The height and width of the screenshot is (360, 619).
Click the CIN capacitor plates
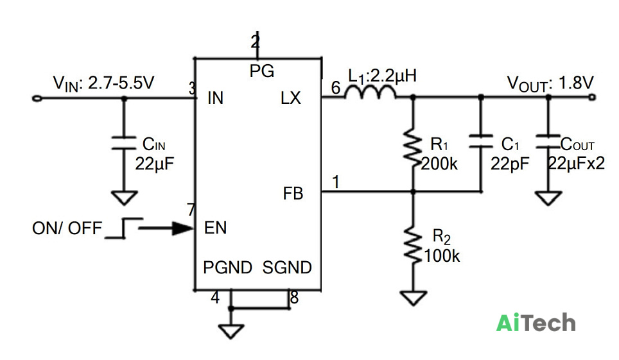click(123, 143)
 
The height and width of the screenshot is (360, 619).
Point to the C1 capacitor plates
click(481, 141)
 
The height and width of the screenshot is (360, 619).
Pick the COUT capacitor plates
click(548, 141)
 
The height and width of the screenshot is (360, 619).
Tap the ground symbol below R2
click(414, 298)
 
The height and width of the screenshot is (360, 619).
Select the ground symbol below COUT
click(548, 198)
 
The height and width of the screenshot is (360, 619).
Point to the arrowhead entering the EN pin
click(183, 228)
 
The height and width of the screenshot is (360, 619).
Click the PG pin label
click(262, 71)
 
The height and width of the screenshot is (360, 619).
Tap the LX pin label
click(290, 98)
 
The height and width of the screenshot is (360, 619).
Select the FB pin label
click(293, 193)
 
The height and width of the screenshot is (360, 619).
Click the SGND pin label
click(287, 268)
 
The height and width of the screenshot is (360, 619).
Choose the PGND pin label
click(227, 268)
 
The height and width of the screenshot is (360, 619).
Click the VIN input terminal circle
click(37, 98)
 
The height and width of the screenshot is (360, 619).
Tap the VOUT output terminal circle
click(592, 97)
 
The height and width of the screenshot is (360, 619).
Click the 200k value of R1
click(439, 163)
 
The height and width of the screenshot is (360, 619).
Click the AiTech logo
click(536, 323)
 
